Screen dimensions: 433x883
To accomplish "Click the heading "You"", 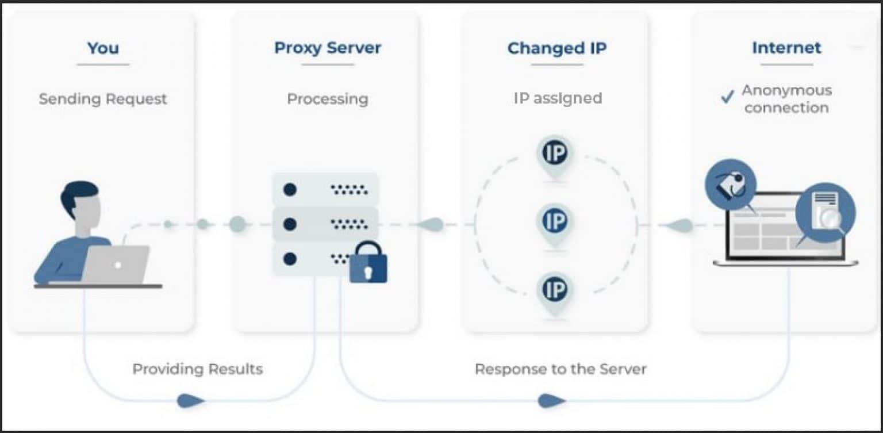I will coord(103,48).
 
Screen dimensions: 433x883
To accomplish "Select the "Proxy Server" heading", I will coord(327,48).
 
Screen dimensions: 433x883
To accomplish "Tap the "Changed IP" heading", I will coord(556,48).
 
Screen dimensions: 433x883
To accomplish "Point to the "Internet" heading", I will coord(786,48).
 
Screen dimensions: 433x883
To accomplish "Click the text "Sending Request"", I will coord(103,99).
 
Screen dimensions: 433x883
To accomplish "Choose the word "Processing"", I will coord(327,99).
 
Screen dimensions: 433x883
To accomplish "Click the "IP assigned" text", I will coord(557,98).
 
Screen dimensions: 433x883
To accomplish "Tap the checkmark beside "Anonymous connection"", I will coord(727,97).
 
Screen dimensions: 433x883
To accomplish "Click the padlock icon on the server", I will coord(368,264).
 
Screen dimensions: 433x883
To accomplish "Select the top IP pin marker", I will coord(555,154).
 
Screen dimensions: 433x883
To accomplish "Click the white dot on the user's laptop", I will coord(117,265).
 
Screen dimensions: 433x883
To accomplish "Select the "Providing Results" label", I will coord(197,369).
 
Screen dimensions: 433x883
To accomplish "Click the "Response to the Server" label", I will coord(560,369).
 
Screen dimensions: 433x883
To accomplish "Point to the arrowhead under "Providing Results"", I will coord(190,401).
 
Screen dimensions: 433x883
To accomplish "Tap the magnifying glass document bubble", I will coord(826,213).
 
